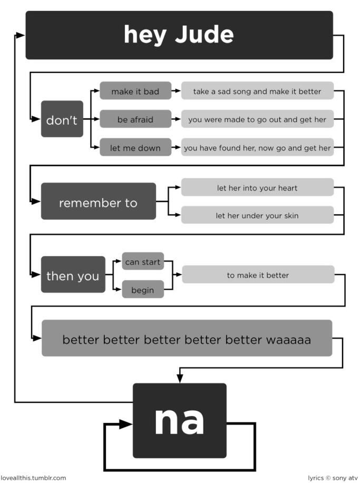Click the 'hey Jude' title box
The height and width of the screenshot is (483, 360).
pyautogui.click(x=179, y=35)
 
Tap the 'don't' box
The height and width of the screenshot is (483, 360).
pyautogui.click(x=62, y=120)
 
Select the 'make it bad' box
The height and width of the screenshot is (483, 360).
pyautogui.click(x=135, y=91)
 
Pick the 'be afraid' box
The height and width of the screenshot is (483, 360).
pyautogui.click(x=135, y=120)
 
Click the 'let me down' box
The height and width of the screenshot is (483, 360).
pyautogui.click(x=135, y=148)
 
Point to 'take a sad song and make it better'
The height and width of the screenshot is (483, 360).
pyautogui.click(x=257, y=91)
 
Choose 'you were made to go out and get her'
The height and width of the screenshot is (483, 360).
pyautogui.click(x=257, y=120)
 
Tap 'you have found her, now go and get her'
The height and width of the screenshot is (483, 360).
pyautogui.click(x=257, y=148)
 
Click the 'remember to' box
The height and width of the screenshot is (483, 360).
pyautogui.click(x=98, y=202)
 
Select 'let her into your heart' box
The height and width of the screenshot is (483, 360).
pyautogui.click(x=257, y=188)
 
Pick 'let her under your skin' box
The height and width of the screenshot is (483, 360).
pyautogui.click(x=257, y=215)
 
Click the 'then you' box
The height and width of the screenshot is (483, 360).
pyautogui.click(x=73, y=275)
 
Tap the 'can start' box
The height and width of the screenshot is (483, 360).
pyautogui.click(x=143, y=262)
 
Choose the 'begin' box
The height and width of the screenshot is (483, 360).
pyautogui.click(x=143, y=290)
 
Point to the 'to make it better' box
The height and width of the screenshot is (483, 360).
pyautogui.click(x=258, y=275)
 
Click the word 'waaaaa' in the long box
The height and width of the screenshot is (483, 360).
pyautogui.click(x=288, y=339)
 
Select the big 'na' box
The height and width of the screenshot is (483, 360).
pyautogui.click(x=179, y=420)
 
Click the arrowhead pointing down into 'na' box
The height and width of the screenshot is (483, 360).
pyautogui.click(x=180, y=378)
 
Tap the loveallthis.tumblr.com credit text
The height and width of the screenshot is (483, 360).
pyautogui.click(x=33, y=478)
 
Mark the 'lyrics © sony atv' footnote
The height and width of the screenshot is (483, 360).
pyautogui.click(x=333, y=478)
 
